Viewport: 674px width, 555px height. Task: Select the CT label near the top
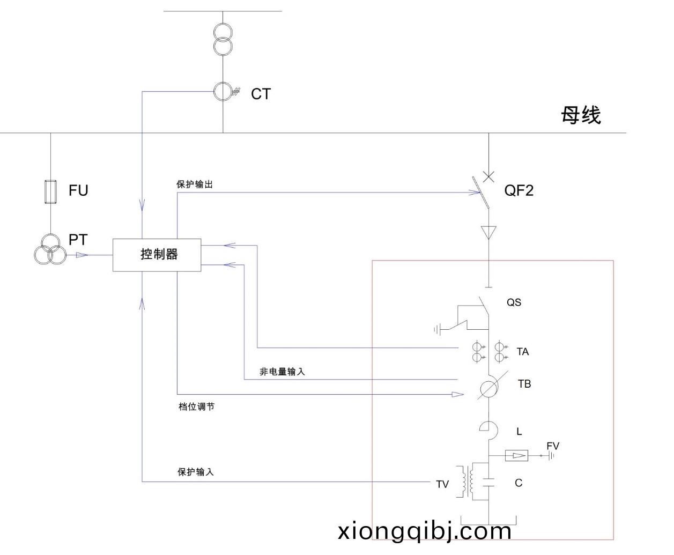tap(261, 94)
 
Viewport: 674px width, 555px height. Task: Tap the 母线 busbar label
tap(581, 115)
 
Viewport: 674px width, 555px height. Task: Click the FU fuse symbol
tap(50, 191)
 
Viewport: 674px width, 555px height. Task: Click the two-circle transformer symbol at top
tap(223, 39)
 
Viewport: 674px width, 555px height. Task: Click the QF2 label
tap(519, 190)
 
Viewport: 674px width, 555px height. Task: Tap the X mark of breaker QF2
tap(488, 176)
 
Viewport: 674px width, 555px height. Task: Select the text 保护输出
tap(195, 184)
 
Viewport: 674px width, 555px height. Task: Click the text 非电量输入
tap(282, 372)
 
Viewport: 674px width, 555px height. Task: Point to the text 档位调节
tap(196, 407)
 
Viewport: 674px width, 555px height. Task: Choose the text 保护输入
tap(196, 472)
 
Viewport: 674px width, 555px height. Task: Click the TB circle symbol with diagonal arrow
tap(488, 389)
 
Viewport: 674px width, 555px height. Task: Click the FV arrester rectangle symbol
tap(517, 456)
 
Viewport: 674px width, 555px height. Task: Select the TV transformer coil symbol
tap(466, 482)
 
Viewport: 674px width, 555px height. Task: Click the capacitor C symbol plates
tap(488, 483)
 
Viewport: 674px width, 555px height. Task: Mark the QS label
tap(514, 302)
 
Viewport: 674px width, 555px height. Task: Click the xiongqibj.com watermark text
tap(425, 531)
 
